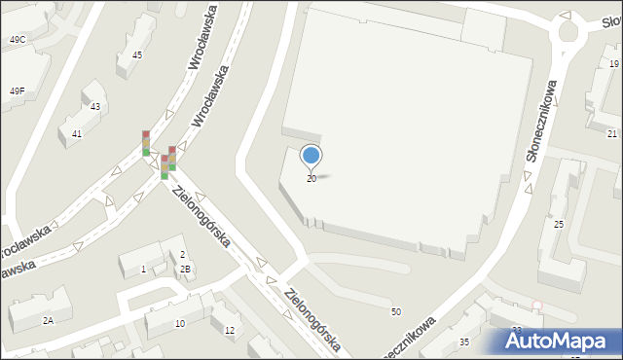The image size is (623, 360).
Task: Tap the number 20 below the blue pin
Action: [311, 179]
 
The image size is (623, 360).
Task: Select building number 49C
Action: [18, 40]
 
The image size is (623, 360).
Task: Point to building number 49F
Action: [18, 90]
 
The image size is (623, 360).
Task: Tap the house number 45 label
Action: [137, 55]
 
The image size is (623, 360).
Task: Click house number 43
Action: [95, 106]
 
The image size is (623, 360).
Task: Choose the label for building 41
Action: [77, 134]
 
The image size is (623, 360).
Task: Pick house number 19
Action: [613, 63]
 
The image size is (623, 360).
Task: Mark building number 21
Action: [612, 133]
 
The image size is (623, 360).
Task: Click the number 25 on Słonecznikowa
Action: [559, 225]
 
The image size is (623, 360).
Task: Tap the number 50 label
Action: [395, 311]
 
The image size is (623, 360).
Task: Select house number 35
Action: [464, 342]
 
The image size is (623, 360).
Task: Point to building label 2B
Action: [185, 270]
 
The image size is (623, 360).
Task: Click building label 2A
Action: [47, 320]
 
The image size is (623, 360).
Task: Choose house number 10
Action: [180, 323]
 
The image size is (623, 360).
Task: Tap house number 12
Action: [230, 331]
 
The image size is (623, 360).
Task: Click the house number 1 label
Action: [144, 269]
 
